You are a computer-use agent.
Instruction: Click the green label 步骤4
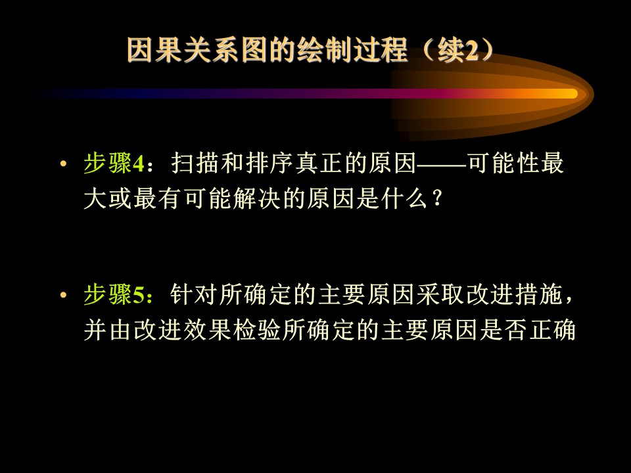[114, 163]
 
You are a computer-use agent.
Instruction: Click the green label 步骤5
[114, 294]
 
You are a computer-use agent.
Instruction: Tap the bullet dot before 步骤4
[63, 164]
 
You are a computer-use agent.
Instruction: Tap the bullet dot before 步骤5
[63, 295]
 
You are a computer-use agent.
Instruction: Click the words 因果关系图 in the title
[197, 51]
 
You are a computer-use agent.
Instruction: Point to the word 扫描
[196, 163]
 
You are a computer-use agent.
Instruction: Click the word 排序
[269, 163]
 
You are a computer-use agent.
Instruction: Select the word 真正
[319, 163]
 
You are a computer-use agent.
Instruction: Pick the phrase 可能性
[503, 163]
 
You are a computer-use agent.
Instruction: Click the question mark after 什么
[438, 198]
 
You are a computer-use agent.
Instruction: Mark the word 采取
[442, 294]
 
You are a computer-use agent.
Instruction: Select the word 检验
[257, 330]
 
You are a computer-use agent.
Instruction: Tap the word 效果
[208, 330]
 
